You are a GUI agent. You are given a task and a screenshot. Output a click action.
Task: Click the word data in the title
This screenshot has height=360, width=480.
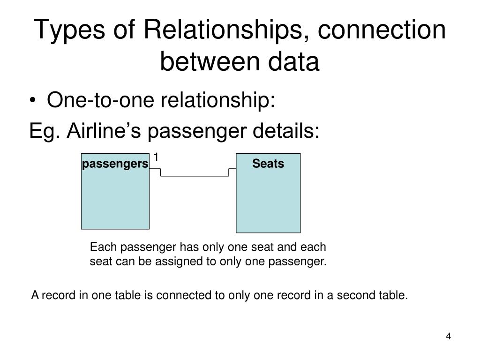[297, 61]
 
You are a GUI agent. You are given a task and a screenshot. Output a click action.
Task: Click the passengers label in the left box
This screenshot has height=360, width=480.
[115, 164]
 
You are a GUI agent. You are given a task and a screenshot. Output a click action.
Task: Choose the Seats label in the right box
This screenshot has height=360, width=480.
[268, 164]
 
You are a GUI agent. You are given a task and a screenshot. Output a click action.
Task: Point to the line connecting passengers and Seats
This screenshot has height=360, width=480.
[195, 176]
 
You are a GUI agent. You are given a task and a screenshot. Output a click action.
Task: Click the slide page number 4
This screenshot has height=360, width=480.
[449, 337]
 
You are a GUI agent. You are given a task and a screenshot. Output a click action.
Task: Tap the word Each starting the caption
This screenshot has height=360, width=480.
[99, 247]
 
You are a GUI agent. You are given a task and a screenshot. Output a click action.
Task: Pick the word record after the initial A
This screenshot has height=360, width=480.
[53, 296]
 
